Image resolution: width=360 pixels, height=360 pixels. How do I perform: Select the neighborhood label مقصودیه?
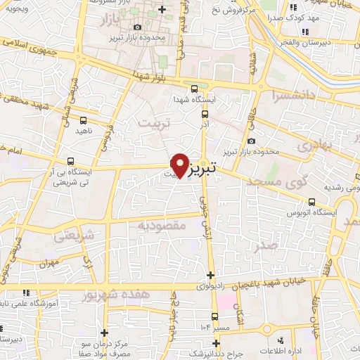161,226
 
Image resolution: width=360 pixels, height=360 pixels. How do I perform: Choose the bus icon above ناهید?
84,120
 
